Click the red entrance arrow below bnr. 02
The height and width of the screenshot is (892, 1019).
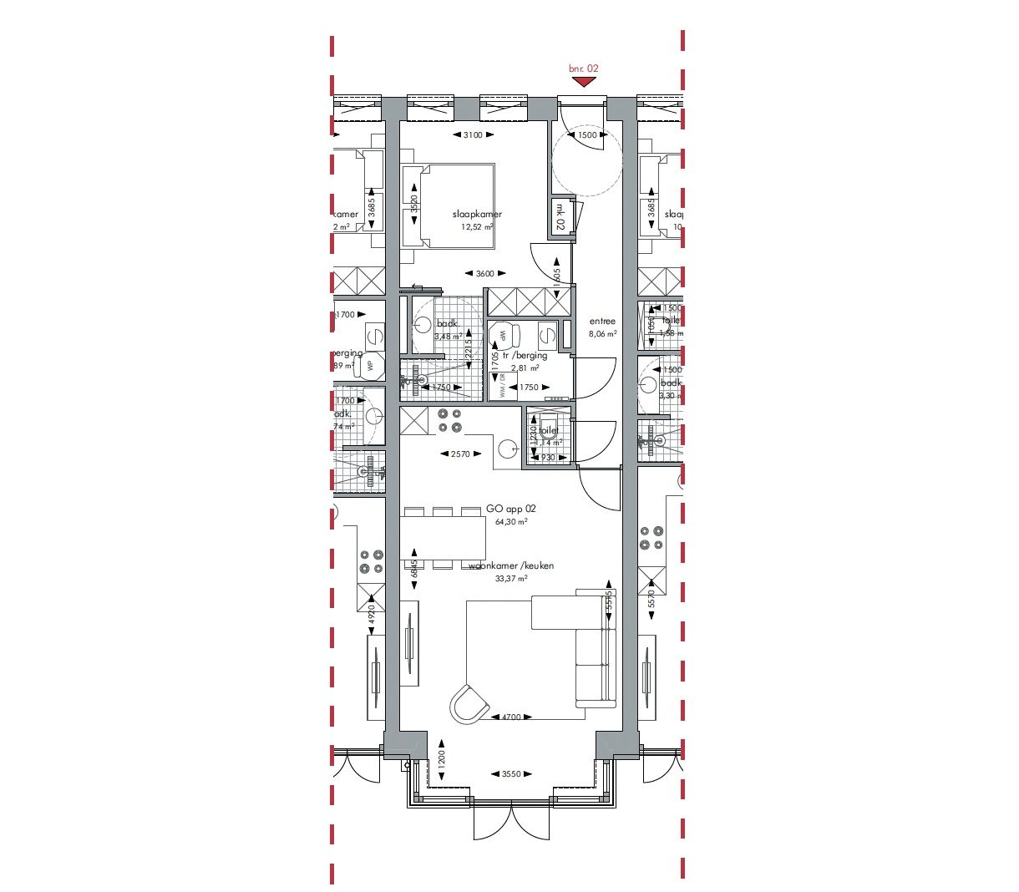coord(584,82)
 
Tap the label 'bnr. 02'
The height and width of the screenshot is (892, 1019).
coord(584,68)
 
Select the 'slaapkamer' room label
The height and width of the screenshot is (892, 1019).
coord(477,214)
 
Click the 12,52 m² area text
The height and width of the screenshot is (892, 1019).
coord(477,226)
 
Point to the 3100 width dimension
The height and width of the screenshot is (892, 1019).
coord(472,135)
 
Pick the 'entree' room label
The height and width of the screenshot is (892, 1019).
coord(602,321)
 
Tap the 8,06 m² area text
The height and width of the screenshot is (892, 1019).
coord(602,333)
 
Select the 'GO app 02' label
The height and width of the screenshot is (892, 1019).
coord(511,509)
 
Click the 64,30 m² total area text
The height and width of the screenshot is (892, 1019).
coord(511,522)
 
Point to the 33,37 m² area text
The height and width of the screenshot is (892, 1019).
coord(511,578)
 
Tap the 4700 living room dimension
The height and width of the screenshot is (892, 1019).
coord(510,717)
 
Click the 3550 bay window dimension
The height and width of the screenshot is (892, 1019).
coord(510,774)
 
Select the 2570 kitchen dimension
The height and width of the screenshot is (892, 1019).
coord(460,454)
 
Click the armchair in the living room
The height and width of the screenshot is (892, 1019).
coord(469,704)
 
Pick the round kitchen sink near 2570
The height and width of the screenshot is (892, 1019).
coord(508,449)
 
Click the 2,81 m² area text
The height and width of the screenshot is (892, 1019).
coord(525,367)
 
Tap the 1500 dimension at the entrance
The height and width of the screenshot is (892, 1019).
coord(587,135)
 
